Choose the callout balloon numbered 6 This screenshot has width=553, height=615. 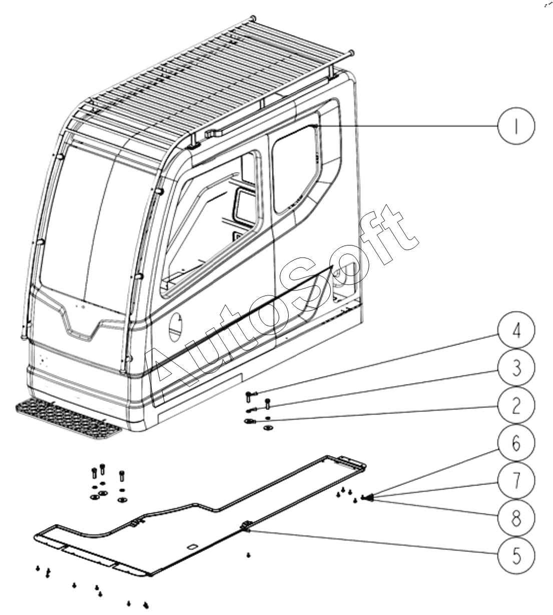coord(516,443)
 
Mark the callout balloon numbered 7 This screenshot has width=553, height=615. coord(516,480)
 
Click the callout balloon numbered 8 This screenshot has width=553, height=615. coord(516,516)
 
